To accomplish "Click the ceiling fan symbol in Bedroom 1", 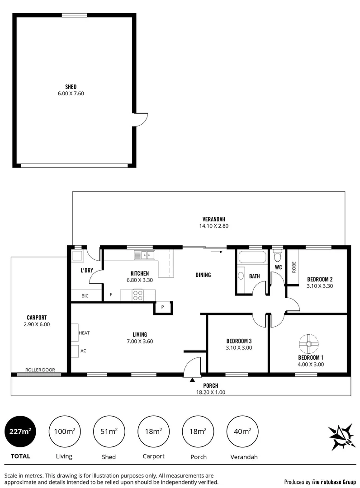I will coord(308,344).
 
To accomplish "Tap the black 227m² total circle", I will coord(20,432).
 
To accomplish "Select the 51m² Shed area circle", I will coord(109,432).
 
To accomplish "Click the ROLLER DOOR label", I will coord(40,370).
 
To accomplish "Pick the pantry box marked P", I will coord(161,307).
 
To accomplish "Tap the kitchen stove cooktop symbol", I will coord(138,295).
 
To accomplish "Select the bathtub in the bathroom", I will coord(252,258).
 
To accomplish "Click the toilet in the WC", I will coord(278,256).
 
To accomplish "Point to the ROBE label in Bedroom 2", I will coord(294,267).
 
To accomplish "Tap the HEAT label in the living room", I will coord(85,333).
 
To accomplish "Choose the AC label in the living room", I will coord(83,350).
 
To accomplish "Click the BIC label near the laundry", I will coord(85,296).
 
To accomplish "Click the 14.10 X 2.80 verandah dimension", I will coord(212,226).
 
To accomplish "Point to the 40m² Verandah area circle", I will coord(243,432).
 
